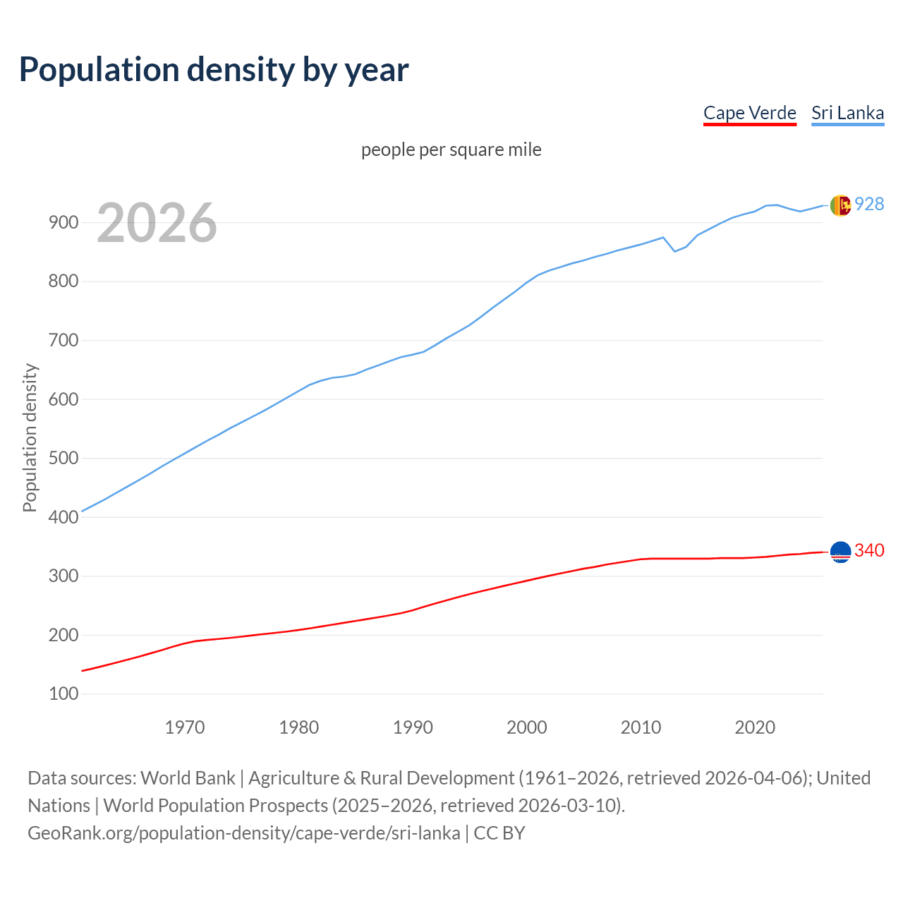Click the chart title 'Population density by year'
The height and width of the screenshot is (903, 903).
pyautogui.click(x=214, y=70)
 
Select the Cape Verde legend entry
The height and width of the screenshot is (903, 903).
pyautogui.click(x=749, y=113)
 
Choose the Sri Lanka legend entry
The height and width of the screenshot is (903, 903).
pyautogui.click(x=847, y=113)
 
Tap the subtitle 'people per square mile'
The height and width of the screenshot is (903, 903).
pyautogui.click(x=451, y=150)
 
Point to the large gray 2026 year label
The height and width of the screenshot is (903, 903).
pyautogui.click(x=157, y=223)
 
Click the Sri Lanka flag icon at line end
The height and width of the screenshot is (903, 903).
pyautogui.click(x=840, y=205)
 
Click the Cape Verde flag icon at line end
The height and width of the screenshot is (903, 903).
pyautogui.click(x=840, y=552)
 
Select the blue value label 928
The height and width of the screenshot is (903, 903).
pyautogui.click(x=869, y=204)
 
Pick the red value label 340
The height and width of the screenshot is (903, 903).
pyautogui.click(x=869, y=550)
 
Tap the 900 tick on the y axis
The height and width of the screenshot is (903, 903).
pyautogui.click(x=63, y=223)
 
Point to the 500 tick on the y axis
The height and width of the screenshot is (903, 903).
pyautogui.click(x=63, y=459)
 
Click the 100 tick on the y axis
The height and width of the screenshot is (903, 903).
pyautogui.click(x=63, y=694)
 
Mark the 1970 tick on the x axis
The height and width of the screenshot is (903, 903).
pyautogui.click(x=185, y=727)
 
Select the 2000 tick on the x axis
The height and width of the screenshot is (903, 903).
pyautogui.click(x=527, y=727)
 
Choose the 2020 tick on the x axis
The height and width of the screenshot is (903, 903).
pyautogui.click(x=755, y=727)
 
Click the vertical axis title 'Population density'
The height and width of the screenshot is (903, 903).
pyautogui.click(x=30, y=437)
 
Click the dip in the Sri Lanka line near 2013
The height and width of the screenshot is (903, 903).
pyautogui.click(x=674, y=250)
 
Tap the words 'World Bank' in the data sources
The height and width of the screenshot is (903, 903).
pyautogui.click(x=188, y=777)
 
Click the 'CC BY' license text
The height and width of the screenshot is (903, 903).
pyautogui.click(x=499, y=832)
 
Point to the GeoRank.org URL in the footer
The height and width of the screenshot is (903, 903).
pyautogui.click(x=243, y=832)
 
